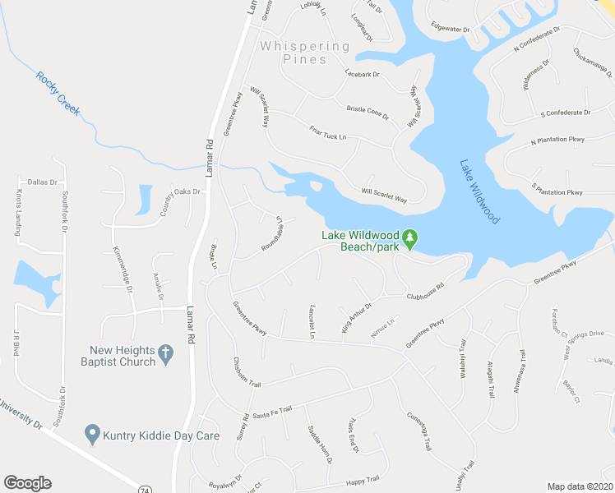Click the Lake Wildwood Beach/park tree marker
412,239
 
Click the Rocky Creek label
58,93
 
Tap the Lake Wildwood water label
479,191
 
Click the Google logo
27,483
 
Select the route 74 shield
145,489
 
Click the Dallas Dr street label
42,182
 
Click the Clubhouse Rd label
424,292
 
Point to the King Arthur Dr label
357,318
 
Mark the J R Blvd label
15,340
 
